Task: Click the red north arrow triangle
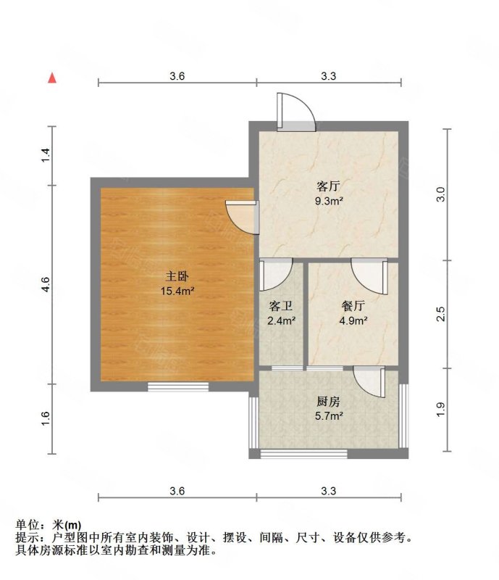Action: (x=52, y=78)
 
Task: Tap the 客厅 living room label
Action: (x=328, y=186)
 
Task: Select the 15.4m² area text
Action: (x=177, y=291)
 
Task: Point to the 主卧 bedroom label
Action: (x=177, y=276)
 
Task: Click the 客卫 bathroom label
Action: (x=281, y=306)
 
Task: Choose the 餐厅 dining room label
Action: (x=353, y=306)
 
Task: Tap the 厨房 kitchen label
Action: (x=328, y=402)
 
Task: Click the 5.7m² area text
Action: (x=329, y=416)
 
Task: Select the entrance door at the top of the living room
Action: (x=296, y=112)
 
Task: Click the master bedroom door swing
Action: (x=242, y=217)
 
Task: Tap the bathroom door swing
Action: (x=276, y=275)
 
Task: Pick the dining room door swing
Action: (x=369, y=276)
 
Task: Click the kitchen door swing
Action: (x=369, y=382)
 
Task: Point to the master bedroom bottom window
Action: (x=178, y=386)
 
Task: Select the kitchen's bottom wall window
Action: (x=304, y=454)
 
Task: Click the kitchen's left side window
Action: (x=253, y=423)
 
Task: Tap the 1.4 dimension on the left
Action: (x=46, y=155)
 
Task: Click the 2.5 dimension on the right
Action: (x=441, y=314)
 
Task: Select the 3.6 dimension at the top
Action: (x=177, y=76)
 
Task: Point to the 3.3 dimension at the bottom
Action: (x=328, y=491)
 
